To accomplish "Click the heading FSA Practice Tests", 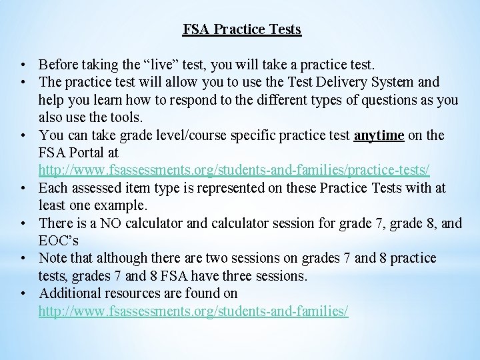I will coord(242,30).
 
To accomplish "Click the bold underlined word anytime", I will coord(379,135).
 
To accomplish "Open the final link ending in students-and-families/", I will coord(193,311).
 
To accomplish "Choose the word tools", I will coord(127,118).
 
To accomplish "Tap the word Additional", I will coord(71,293).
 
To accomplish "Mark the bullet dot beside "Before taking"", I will coord(23,65).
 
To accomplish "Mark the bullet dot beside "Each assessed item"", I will coord(23,189).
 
